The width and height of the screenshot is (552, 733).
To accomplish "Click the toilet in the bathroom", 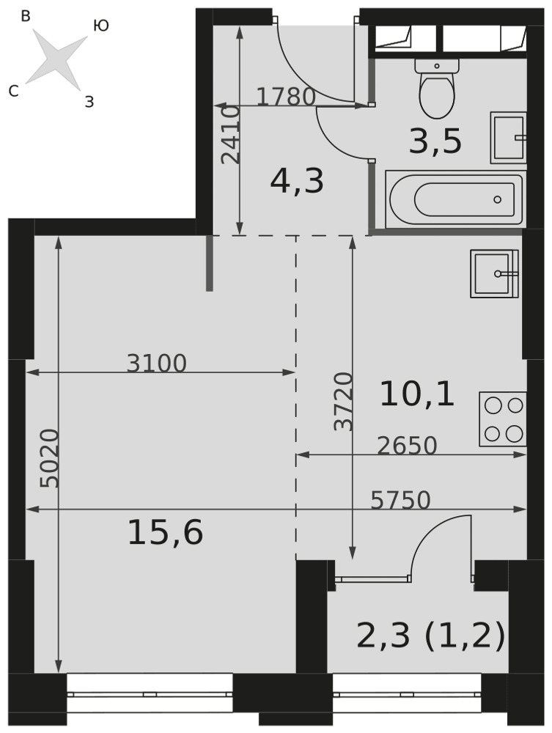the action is tap(437, 88).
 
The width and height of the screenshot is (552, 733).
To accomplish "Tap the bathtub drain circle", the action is tap(497, 199).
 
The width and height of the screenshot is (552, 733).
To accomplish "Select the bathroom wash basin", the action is tap(508, 138).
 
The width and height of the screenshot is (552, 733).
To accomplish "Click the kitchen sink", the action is tap(495, 273).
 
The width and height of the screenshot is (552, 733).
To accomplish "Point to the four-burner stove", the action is tap(502, 419).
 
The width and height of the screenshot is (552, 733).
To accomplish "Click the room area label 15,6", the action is tap(166, 534).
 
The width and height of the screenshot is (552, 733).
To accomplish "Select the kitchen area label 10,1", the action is tap(417, 394).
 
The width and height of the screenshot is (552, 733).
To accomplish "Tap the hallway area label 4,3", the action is tap(297, 182).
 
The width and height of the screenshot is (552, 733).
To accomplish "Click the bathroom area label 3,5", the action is tap(435, 141).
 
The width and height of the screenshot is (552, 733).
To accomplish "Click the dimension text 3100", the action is tap(157, 364).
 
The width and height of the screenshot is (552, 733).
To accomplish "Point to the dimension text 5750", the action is tap(400, 500).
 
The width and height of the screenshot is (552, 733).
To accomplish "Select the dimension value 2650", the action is tap(407, 446).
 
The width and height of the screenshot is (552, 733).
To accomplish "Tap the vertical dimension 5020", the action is tap(50, 458).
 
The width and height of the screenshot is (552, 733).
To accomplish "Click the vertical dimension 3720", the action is tap(344, 402).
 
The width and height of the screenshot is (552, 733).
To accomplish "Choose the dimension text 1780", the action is tap(286, 97).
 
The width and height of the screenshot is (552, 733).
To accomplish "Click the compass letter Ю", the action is tap(101, 26).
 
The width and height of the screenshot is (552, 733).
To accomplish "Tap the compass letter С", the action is tap(13, 91).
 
